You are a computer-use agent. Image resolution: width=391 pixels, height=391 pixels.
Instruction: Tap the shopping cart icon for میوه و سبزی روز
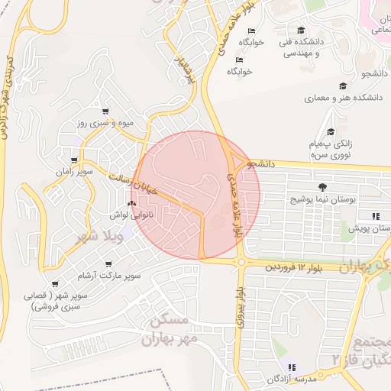pos(105,111)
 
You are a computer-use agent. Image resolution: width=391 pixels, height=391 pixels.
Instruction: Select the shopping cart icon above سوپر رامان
pos(73,160)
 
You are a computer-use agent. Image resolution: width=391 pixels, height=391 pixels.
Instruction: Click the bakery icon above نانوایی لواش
pos(131,204)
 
